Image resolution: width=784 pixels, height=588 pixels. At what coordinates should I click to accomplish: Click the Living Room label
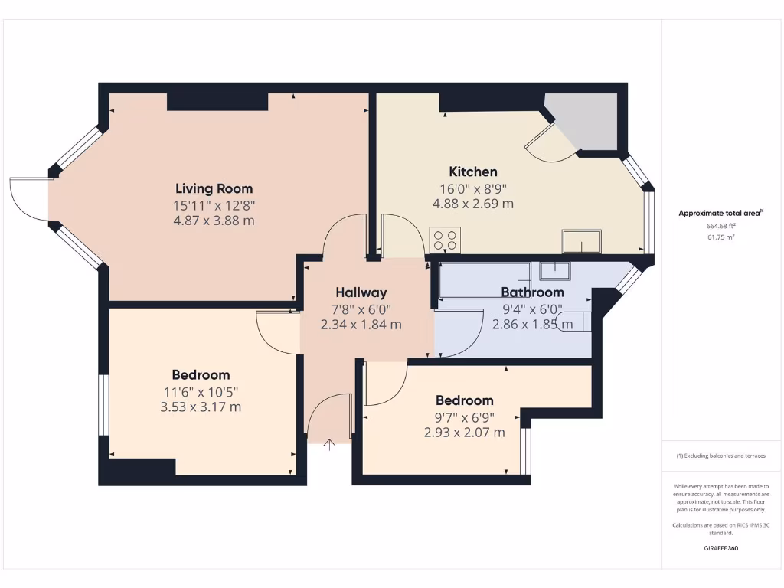pos(214,188)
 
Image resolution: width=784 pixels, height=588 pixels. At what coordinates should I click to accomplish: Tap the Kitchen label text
pos(472,171)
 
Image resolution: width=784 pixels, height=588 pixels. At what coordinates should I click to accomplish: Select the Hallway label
pos(361,292)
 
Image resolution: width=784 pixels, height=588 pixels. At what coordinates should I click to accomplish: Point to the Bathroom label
pos(532,292)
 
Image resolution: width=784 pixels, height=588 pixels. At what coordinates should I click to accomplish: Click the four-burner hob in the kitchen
pos(445,240)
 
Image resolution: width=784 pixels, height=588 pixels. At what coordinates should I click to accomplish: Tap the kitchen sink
pos(581,241)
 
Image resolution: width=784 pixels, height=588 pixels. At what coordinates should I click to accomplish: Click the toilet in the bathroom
pos(574,322)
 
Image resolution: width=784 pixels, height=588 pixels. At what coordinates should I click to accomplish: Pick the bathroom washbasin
pos(554,270)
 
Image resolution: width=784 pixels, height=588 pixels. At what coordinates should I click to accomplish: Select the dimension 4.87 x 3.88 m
pos(214,220)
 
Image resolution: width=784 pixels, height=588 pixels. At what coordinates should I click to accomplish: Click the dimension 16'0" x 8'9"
pos(472,188)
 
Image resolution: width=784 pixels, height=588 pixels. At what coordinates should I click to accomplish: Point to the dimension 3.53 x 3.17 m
pos(201,407)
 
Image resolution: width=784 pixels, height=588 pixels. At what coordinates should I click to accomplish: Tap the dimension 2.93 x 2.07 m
pos(464,433)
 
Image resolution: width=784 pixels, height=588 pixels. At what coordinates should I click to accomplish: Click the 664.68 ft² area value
pos(720,226)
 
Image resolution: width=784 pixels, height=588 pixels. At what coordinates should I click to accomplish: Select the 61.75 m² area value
pos(720,237)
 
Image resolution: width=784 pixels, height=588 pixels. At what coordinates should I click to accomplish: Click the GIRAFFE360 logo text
pos(720,548)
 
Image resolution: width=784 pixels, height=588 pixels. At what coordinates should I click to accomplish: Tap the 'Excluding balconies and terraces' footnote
pos(720,456)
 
